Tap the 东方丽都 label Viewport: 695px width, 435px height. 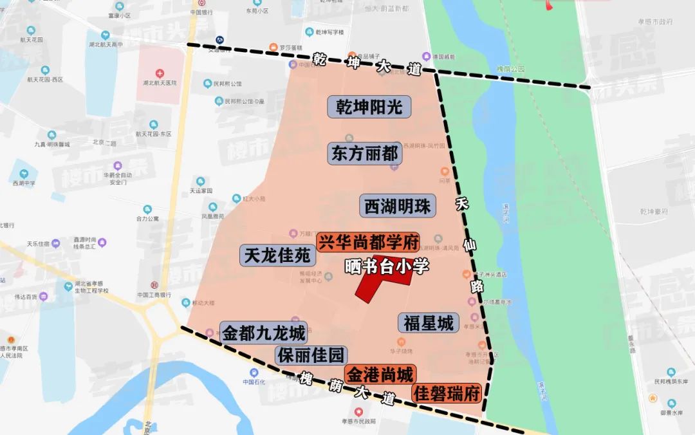(x=364, y=154)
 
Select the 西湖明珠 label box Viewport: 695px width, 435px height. (x=397, y=207)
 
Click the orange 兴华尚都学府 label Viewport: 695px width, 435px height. (x=367, y=243)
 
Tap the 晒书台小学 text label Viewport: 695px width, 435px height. (x=386, y=266)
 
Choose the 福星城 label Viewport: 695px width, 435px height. (x=429, y=322)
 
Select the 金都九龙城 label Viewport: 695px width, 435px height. (x=263, y=333)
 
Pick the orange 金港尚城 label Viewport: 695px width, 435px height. (x=380, y=374)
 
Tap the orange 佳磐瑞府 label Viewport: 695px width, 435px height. (x=447, y=393)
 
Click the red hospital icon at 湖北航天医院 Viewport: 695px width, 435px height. (x=160, y=73)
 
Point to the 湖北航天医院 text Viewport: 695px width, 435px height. (x=160, y=83)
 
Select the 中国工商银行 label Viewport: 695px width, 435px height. (x=154, y=295)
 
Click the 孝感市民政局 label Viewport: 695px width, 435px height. (x=359, y=421)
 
